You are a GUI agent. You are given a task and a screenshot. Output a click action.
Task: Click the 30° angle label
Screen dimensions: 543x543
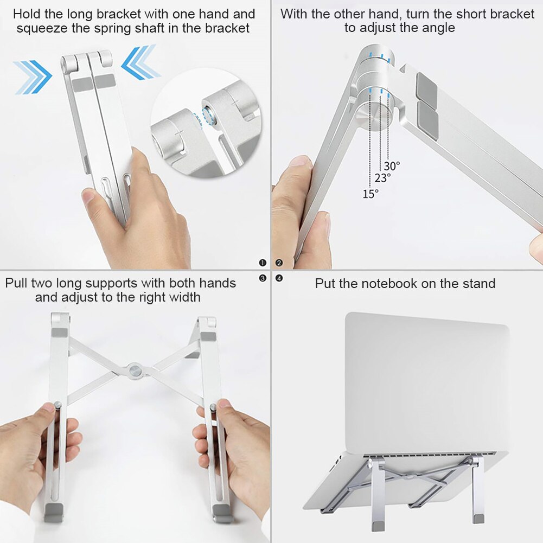[x=392, y=166]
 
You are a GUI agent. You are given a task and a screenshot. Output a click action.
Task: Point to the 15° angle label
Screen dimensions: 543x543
[x=370, y=194]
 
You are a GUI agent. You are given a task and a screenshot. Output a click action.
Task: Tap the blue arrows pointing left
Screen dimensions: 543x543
[x=140, y=63]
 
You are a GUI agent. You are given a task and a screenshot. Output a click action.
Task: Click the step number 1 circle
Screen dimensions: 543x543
[x=263, y=263]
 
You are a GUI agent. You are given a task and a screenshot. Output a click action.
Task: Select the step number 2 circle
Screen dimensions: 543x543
[x=279, y=263]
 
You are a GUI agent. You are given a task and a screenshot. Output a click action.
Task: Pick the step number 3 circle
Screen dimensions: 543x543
[x=263, y=278]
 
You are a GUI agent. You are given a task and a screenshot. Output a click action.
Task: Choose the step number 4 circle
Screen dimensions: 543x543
[x=279, y=278]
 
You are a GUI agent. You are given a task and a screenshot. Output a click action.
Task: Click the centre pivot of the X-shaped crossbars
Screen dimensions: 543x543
[x=134, y=371]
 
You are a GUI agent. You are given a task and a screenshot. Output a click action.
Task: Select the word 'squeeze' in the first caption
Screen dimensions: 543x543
[x=38, y=28]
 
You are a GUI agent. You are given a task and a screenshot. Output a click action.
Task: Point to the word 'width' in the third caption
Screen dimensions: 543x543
[x=184, y=297]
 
